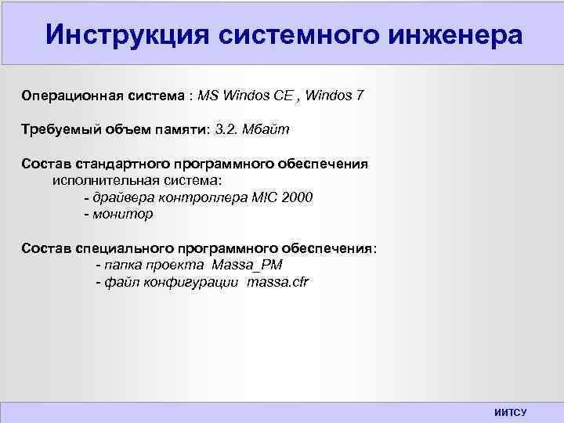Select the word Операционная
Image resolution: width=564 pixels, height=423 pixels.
point(70,96)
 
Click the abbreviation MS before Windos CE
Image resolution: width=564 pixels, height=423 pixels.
point(208,96)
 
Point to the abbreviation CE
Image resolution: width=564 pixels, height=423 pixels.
point(284,96)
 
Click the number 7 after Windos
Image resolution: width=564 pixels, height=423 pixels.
point(360,96)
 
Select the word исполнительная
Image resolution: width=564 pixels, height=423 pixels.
point(99,180)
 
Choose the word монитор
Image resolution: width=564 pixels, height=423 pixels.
point(123,214)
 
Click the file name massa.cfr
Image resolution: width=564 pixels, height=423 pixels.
point(278,282)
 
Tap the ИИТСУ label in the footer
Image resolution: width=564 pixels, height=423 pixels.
point(511,412)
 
